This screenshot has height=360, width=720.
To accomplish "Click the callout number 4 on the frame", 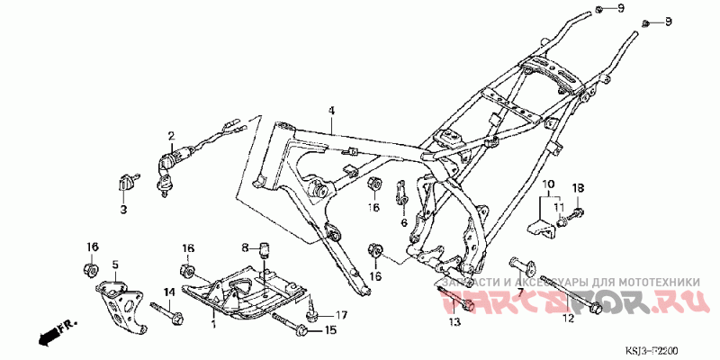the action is coord(330,111).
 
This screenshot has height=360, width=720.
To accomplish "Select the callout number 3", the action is coord(124,210).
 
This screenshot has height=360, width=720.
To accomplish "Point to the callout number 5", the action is coord(114,265).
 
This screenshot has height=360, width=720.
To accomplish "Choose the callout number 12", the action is coord(568,318).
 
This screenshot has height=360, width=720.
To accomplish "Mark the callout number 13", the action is coord(453,320).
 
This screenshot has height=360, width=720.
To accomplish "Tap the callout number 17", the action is coord(341,315).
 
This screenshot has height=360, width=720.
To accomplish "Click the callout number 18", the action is coord(579,187).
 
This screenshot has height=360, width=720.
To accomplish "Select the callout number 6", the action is coord(403,221).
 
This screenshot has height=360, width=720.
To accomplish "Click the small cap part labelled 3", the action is coord(125,184).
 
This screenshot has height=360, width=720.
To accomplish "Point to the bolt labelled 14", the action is coord(168,315).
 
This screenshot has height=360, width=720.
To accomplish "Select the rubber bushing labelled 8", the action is coord(266,248).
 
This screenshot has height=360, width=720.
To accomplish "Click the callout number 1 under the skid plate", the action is coord(212,321).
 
